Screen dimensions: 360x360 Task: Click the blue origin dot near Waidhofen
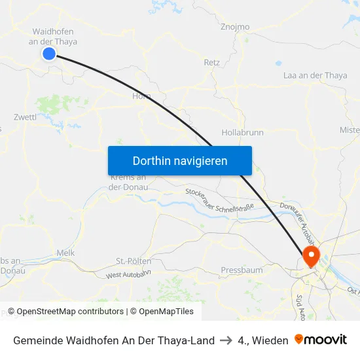[x=48, y=54]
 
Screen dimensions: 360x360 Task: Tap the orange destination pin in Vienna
[x=310, y=255]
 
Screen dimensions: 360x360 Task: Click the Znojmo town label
[x=235, y=27]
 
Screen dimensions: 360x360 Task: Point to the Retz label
[x=212, y=63]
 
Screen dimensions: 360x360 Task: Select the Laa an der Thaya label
[x=315, y=75]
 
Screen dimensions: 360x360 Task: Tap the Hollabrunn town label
[x=242, y=132]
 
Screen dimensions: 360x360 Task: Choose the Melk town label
[x=65, y=253]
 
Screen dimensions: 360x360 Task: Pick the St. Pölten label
[x=130, y=261]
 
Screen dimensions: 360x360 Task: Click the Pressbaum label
[x=242, y=270]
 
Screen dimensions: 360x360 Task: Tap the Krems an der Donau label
[x=128, y=182]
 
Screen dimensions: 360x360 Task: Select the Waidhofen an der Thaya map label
[x=54, y=37]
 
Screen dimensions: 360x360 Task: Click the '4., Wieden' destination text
[x=263, y=340]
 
